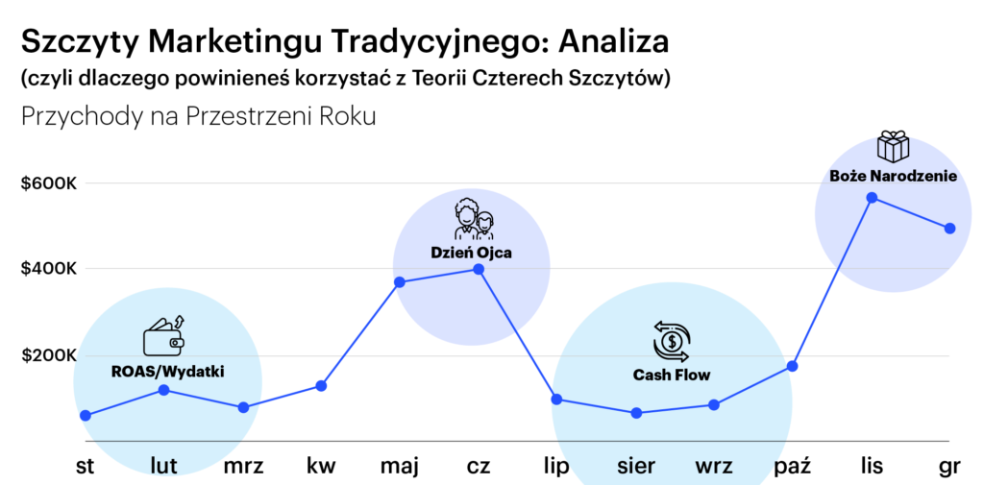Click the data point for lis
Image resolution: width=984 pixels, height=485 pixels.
[x=871, y=198]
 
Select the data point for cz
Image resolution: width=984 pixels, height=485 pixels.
[x=479, y=269]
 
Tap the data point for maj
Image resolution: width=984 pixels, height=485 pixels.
[x=400, y=282]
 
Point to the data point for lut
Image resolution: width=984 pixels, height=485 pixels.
[x=163, y=390]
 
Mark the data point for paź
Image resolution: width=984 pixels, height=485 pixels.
[x=793, y=366]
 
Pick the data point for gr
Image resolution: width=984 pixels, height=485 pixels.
[x=949, y=229]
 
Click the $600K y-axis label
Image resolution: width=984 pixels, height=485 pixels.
[x=49, y=183]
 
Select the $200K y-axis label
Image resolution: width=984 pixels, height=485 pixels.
[x=49, y=356]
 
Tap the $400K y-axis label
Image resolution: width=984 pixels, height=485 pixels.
[x=49, y=269]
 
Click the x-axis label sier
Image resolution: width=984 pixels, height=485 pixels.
[x=636, y=466]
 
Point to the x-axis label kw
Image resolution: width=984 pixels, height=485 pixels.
[x=321, y=466]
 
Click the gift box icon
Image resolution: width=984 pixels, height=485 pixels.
[x=893, y=146]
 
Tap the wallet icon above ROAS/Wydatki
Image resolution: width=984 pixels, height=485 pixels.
[x=165, y=337]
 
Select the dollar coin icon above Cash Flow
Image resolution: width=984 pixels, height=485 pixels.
[x=672, y=342]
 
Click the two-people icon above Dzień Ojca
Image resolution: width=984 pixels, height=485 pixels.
[x=474, y=219]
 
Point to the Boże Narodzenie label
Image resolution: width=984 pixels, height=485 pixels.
[x=893, y=177]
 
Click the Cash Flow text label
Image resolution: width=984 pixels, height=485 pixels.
[x=672, y=376]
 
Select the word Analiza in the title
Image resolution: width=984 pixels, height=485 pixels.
[x=613, y=42]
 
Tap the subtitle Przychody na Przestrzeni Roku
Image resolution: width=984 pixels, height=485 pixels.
[x=198, y=117]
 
